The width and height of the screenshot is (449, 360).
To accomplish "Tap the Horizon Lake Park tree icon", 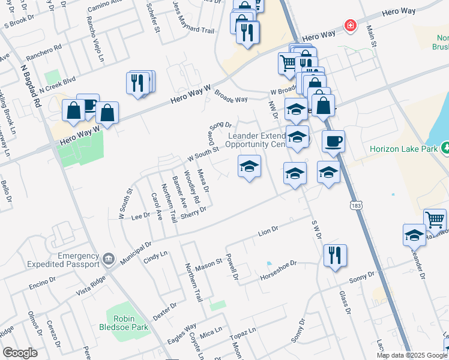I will point(445,148).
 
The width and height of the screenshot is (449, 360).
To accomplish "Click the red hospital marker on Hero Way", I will point(349,25).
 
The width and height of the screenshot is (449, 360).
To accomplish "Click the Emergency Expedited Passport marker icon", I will point(108,259).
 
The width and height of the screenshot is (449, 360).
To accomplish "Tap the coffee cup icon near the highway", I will point(333,142).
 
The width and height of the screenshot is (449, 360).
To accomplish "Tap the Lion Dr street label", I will point(269,230).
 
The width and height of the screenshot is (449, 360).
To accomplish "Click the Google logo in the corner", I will point(19,353).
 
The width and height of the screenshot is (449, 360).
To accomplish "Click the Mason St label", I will point(209,263).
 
